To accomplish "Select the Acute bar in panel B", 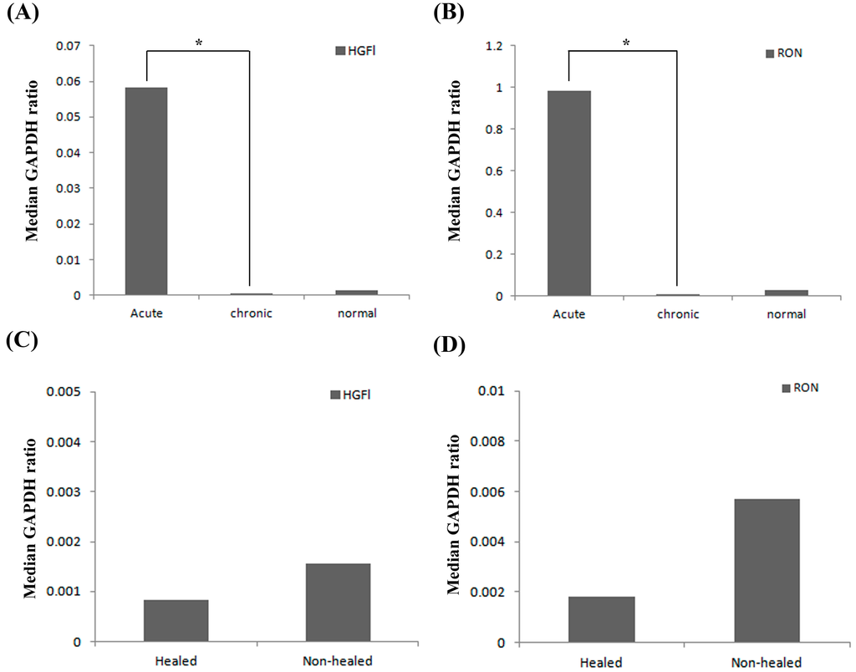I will [x=569, y=193].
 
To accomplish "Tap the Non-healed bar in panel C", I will [x=339, y=603].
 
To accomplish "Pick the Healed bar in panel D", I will [x=602, y=619].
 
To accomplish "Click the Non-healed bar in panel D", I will [x=767, y=571].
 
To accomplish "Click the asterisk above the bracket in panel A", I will [x=199, y=41].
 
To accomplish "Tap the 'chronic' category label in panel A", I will [x=252, y=314].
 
